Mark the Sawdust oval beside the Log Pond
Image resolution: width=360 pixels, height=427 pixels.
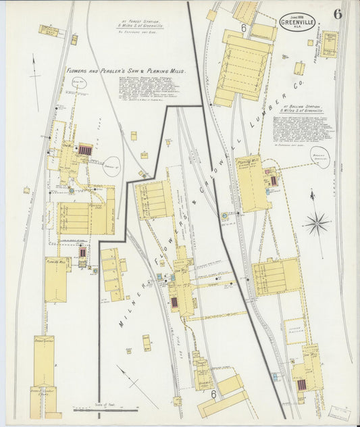coord(112,164)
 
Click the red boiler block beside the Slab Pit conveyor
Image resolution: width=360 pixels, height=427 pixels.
coord(85,150)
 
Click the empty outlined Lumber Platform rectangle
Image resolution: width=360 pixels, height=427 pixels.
coord(294,331)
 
